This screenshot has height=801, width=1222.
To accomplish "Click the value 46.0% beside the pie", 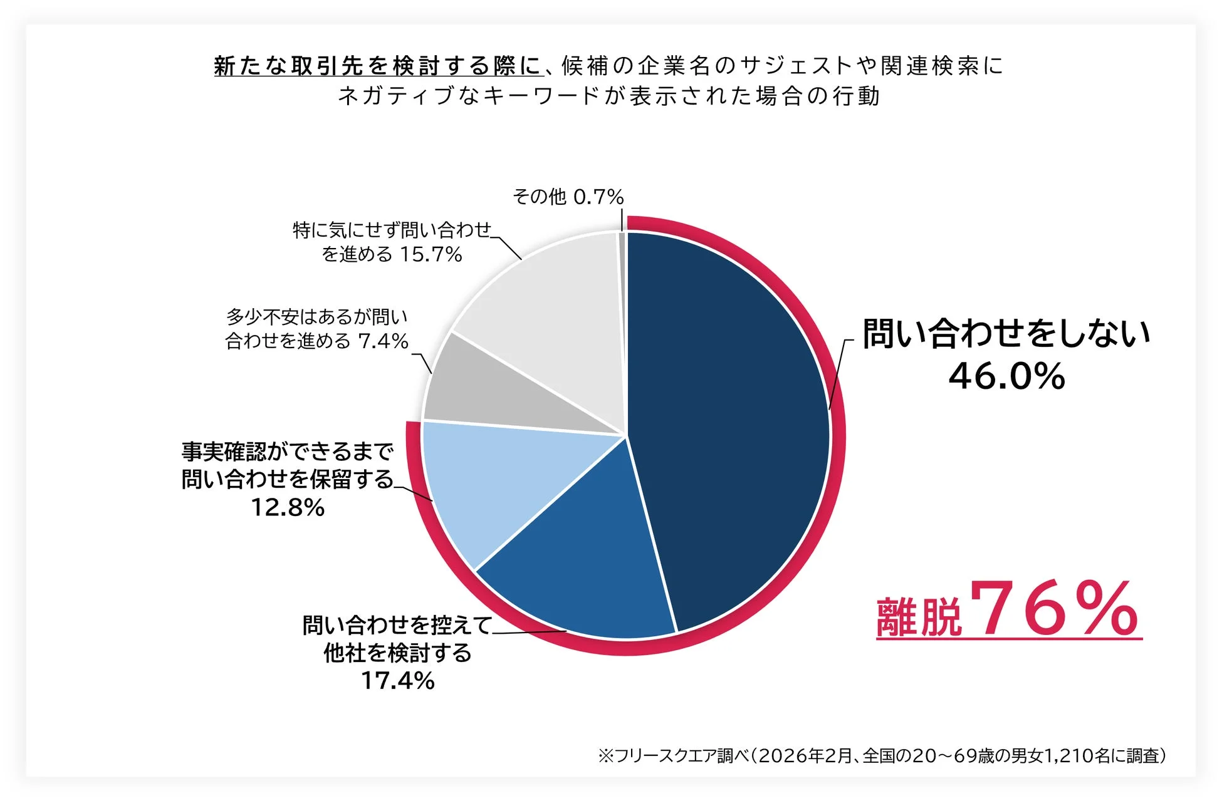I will pos(1006,376).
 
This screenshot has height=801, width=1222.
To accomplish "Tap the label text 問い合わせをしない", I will pos(1006,333).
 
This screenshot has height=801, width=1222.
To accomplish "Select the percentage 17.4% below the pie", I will pos(398,681).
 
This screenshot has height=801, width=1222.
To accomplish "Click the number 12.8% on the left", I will pos(288,507).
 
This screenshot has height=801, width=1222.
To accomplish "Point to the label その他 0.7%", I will pos(568,197).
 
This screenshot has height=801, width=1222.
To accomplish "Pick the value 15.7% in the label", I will pos(431,254).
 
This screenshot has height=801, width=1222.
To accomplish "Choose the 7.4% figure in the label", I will pos(383,341).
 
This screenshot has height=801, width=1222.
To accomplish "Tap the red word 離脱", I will pos(919,617).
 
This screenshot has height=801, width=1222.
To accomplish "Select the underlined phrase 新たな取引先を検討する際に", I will pos(377,66).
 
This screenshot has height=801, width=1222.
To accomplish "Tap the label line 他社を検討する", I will pos(397,653).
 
